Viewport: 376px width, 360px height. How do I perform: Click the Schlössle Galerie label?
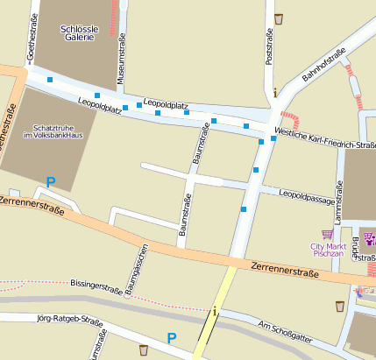80,33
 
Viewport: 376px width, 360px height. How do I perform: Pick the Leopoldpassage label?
307,193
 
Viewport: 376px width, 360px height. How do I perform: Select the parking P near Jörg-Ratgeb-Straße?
172,337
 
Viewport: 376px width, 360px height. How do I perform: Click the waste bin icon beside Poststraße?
279,18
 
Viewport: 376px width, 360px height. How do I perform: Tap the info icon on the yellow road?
215,310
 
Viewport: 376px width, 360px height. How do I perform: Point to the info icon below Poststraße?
275,92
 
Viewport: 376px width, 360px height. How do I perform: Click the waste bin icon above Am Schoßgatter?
339,307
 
